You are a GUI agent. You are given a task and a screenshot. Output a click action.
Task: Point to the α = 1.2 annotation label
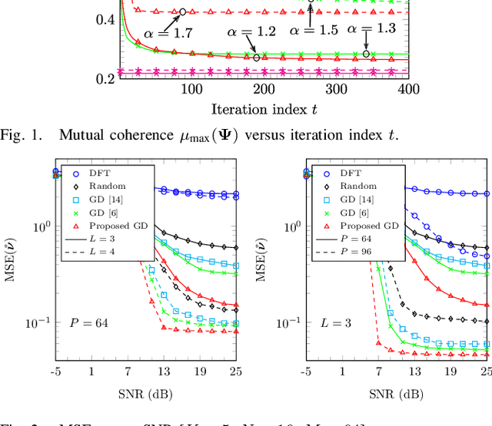click(251, 32)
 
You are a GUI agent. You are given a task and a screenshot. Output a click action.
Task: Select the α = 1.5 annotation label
click(313, 30)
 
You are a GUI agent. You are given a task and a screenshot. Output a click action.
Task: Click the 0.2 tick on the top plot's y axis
click(106, 78)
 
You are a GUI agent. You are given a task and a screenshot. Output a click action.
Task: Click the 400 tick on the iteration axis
click(408, 90)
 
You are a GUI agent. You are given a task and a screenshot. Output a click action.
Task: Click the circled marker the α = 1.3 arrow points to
click(366, 54)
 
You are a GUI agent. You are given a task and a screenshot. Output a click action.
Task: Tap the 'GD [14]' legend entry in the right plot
click(363, 200)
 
